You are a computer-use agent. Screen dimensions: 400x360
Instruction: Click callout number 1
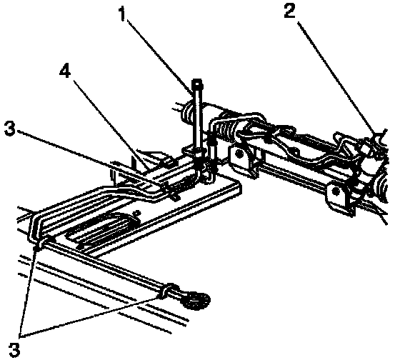point(123,14)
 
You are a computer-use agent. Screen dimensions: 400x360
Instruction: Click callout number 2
point(290,10)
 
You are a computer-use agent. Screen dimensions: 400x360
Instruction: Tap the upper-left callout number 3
point(10,129)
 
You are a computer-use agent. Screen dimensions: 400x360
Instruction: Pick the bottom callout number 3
point(14,349)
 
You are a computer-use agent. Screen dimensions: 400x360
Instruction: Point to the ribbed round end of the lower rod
point(197,301)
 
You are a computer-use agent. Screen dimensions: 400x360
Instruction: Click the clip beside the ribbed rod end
point(167,290)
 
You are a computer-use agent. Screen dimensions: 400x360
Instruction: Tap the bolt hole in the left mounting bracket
point(239,154)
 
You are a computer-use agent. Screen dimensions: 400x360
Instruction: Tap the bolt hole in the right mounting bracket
point(336,191)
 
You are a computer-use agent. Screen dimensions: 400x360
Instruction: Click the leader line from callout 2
point(337,79)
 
